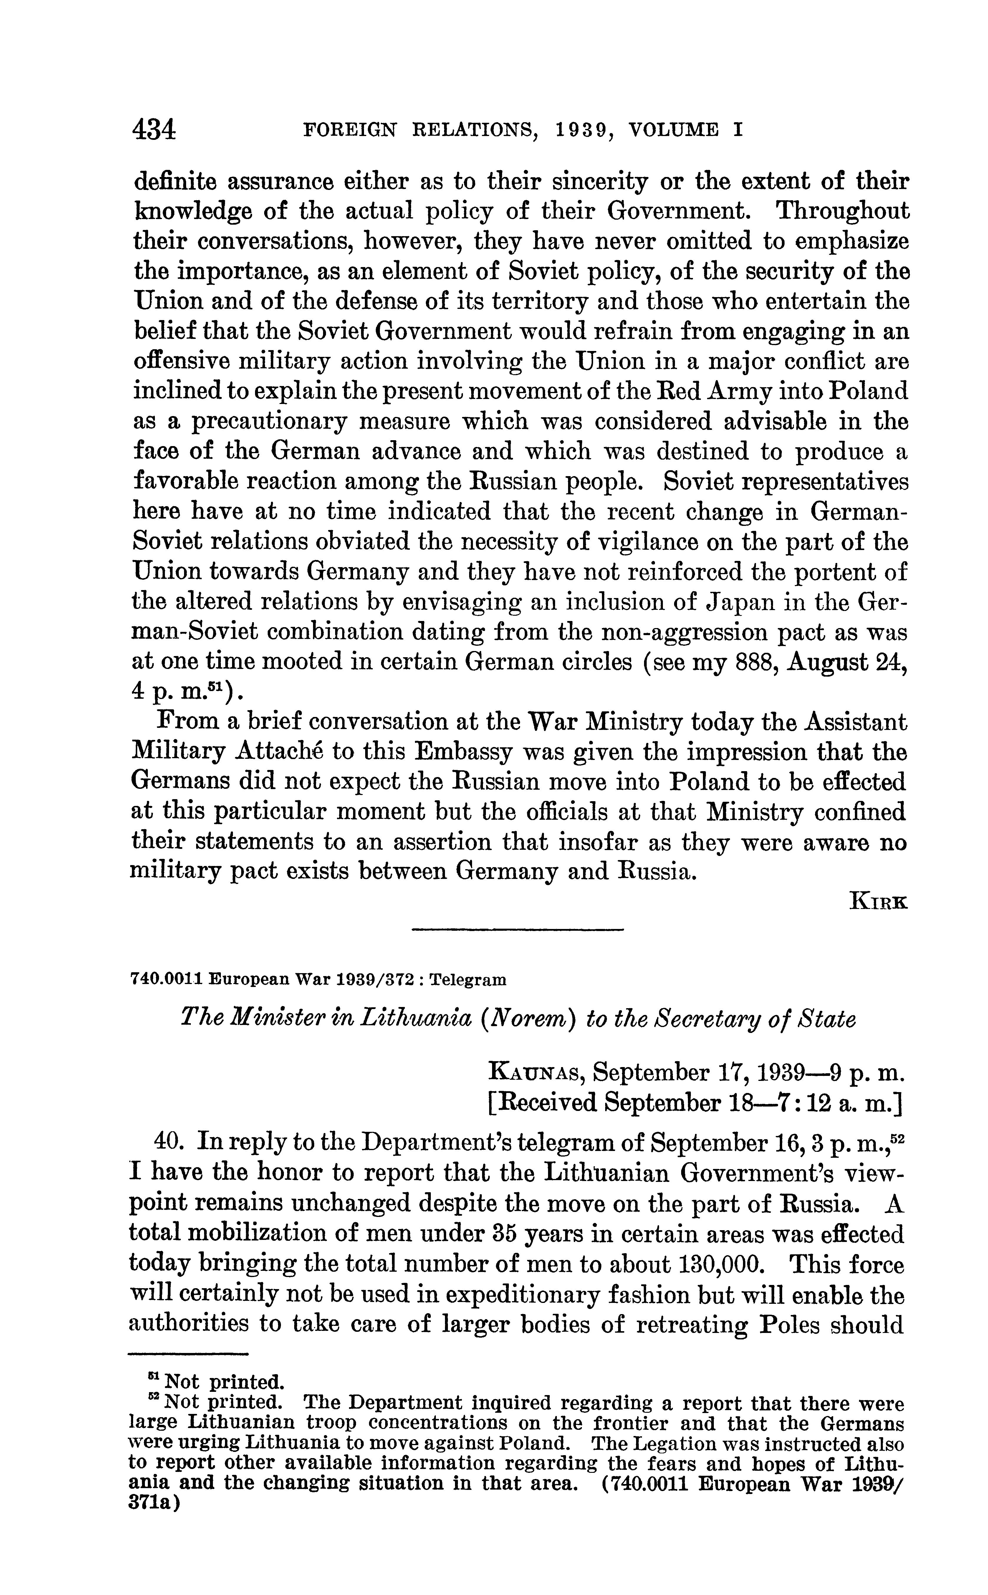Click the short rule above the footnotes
coord(188,1353)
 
